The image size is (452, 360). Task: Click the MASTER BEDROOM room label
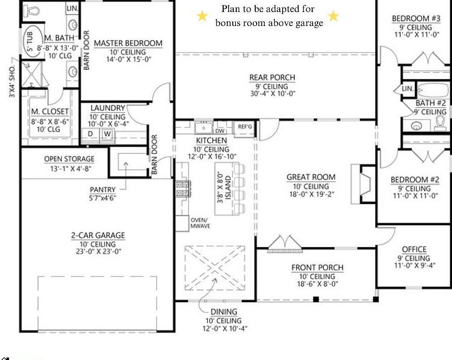tap(128, 43)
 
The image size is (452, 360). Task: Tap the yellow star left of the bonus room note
tap(202, 16)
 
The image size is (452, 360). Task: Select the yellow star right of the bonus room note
tap(333, 16)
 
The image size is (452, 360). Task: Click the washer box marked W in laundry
tap(107, 134)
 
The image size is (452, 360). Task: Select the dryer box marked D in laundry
tap(91, 134)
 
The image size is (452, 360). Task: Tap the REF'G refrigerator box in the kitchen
tap(245, 127)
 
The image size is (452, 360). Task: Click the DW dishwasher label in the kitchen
tap(220, 130)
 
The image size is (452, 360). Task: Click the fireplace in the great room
tap(366, 183)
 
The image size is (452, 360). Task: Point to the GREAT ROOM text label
tap(311, 177)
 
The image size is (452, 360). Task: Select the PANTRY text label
tap(102, 190)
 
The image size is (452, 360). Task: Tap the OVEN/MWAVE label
tap(199, 223)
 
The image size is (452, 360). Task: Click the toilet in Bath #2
tap(440, 122)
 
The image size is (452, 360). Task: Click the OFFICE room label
tap(414, 249)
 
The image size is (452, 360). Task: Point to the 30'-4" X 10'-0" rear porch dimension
tap(272, 93)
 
